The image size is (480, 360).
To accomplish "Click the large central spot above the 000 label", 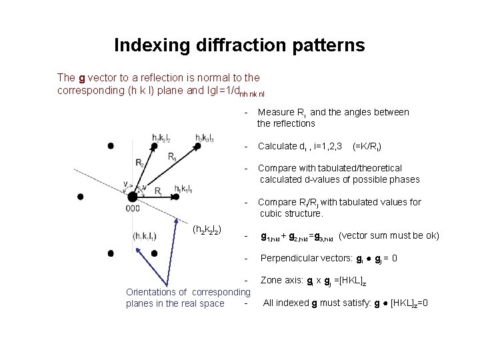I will point(132,197).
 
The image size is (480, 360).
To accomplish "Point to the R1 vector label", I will point(159,191).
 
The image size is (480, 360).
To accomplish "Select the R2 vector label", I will point(139,162).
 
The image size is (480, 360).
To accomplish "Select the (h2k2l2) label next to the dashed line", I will point(207,230).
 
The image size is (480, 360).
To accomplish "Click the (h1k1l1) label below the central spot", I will point(144,235).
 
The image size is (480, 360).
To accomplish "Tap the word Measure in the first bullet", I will point(274,112).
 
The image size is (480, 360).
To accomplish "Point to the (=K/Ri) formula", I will point(366,145).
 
